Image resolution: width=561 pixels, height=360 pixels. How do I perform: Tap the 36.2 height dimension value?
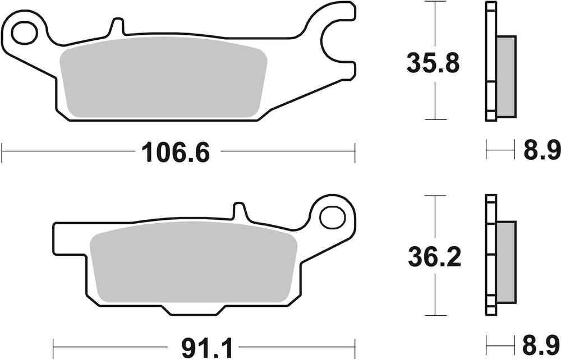coord(434,257)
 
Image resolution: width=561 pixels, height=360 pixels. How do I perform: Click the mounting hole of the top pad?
coord(24,33)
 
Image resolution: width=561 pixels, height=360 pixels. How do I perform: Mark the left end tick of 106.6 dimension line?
coord(3,151)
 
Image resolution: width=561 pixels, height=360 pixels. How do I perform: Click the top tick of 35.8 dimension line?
coord(435,2)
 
